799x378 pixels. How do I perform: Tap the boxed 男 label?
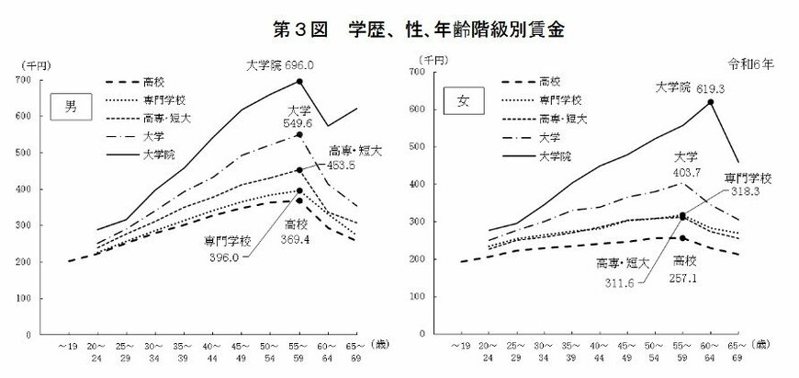pyautogui.click(x=68, y=105)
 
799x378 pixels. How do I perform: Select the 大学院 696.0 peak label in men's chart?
pyautogui.click(x=281, y=65)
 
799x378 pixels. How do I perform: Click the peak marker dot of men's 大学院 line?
pyautogui.click(x=300, y=82)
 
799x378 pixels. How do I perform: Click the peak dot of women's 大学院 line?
pyautogui.click(x=710, y=102)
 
